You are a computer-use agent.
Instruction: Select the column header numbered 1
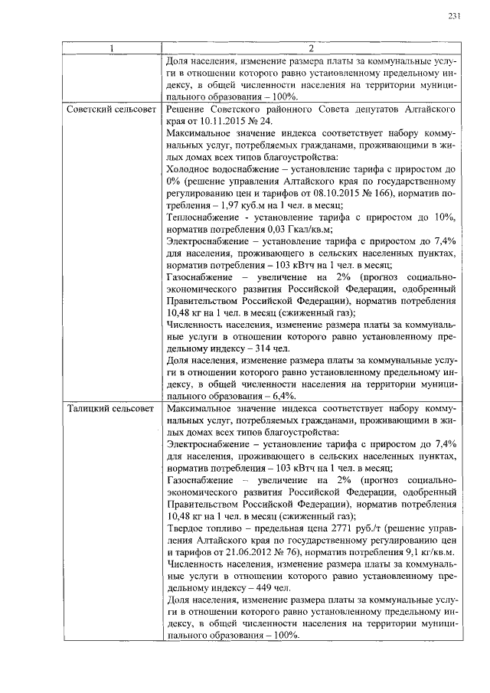[112, 49]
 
